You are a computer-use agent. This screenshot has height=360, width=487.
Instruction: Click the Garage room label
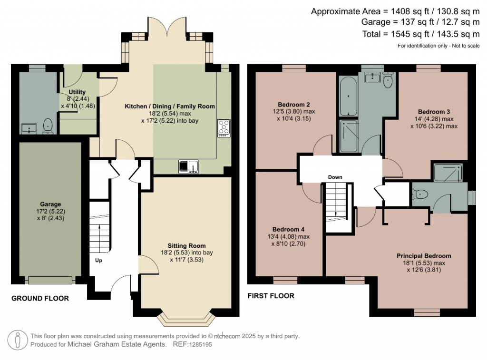(x=50, y=204)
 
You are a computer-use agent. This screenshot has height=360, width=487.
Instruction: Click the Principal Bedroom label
(x=424, y=256)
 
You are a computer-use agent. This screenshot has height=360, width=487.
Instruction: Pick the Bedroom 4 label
(x=286, y=229)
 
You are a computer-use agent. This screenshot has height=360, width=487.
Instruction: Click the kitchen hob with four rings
(x=224, y=128)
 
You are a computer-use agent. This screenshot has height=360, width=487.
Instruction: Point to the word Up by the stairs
(x=98, y=260)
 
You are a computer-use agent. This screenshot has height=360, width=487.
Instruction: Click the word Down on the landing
(x=335, y=177)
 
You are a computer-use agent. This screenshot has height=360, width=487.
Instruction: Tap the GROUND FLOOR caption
(x=40, y=298)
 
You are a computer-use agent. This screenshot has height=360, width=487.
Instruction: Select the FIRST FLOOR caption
(x=271, y=296)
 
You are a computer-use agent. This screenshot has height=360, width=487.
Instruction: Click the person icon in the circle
(x=18, y=340)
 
